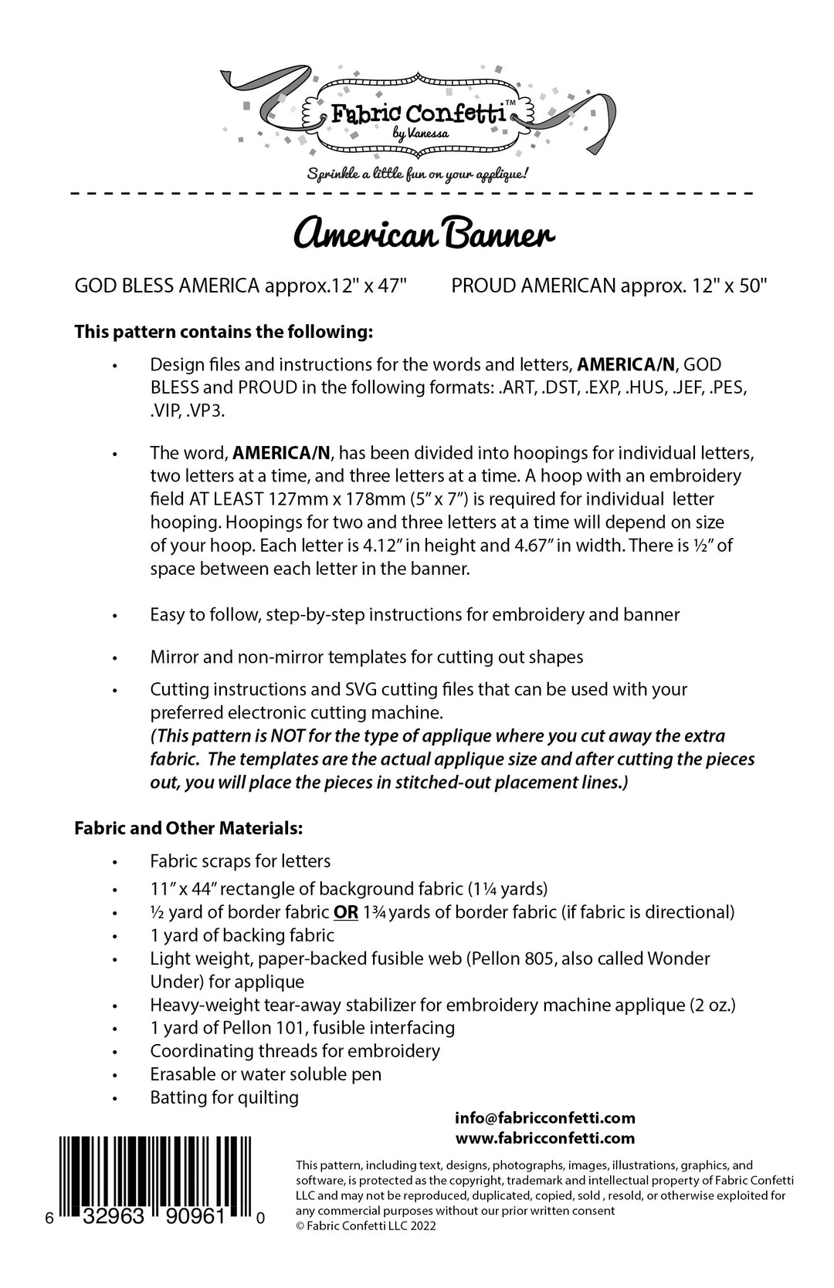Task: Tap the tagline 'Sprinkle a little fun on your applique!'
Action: [x=417, y=173]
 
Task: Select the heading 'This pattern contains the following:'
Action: [x=224, y=333]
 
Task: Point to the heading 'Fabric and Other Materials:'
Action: [x=188, y=828]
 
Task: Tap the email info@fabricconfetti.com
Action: [x=545, y=1117]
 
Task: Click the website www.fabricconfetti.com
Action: [x=545, y=1138]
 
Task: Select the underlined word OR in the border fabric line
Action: [x=346, y=912]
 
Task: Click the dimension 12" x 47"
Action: [x=369, y=287]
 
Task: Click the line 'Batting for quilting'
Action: [x=224, y=1097]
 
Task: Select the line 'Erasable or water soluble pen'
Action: [x=266, y=1073]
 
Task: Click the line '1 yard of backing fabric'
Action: [x=242, y=935]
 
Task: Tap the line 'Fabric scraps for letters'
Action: [x=240, y=860]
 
